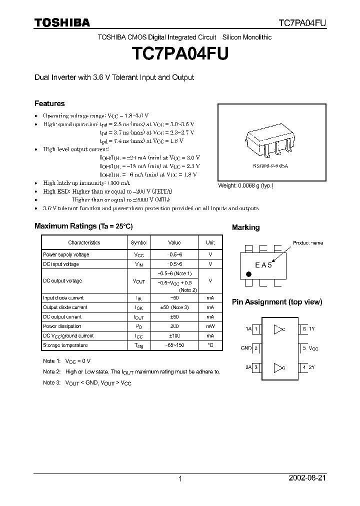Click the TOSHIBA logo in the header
pos(62,22)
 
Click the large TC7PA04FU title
pos(179,54)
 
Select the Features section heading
pos(49,103)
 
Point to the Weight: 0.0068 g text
pos(245,185)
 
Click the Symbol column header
pos(138,242)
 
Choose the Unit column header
pos(210,242)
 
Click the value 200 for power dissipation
pos(174,326)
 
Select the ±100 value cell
pos(174,335)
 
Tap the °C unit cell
pos(210,345)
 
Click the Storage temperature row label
pos(65,345)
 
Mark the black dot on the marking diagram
pos(248,273)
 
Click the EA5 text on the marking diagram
pos(263,265)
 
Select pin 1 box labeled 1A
pos(256,329)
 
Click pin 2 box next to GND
pos(256,348)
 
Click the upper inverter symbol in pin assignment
pos(279,329)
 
